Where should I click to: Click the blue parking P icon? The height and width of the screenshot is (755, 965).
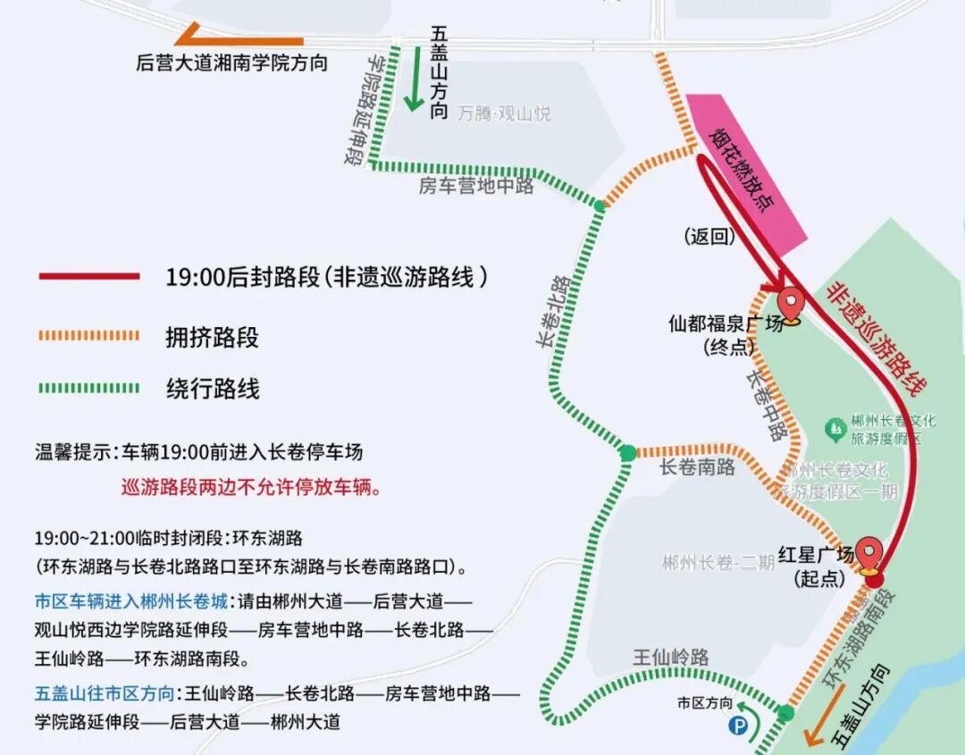tap(741, 728)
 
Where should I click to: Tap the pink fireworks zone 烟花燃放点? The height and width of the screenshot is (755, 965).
tap(746, 166)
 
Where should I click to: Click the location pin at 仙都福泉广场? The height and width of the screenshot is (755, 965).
tap(790, 301)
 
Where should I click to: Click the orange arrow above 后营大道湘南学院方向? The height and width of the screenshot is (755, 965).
tap(239, 39)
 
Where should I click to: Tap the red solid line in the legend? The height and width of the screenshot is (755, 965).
tap(89, 277)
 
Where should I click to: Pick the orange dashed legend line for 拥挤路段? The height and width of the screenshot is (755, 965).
tap(89, 337)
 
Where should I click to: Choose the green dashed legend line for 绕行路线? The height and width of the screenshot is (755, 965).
tap(89, 389)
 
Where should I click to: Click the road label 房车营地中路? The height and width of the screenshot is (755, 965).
tap(476, 186)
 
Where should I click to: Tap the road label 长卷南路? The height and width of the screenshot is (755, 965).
tap(697, 467)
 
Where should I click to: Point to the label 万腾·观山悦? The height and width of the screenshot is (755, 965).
tap(504, 113)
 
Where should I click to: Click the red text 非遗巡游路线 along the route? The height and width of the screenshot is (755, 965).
tap(877, 340)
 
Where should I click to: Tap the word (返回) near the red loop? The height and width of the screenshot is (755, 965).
tap(709, 237)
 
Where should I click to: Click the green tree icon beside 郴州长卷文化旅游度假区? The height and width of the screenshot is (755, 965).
tap(835, 430)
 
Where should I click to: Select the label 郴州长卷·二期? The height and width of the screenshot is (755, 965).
tap(718, 563)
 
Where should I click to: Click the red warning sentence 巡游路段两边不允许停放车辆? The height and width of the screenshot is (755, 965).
tap(251, 488)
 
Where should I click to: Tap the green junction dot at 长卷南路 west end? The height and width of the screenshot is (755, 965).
tap(628, 453)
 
